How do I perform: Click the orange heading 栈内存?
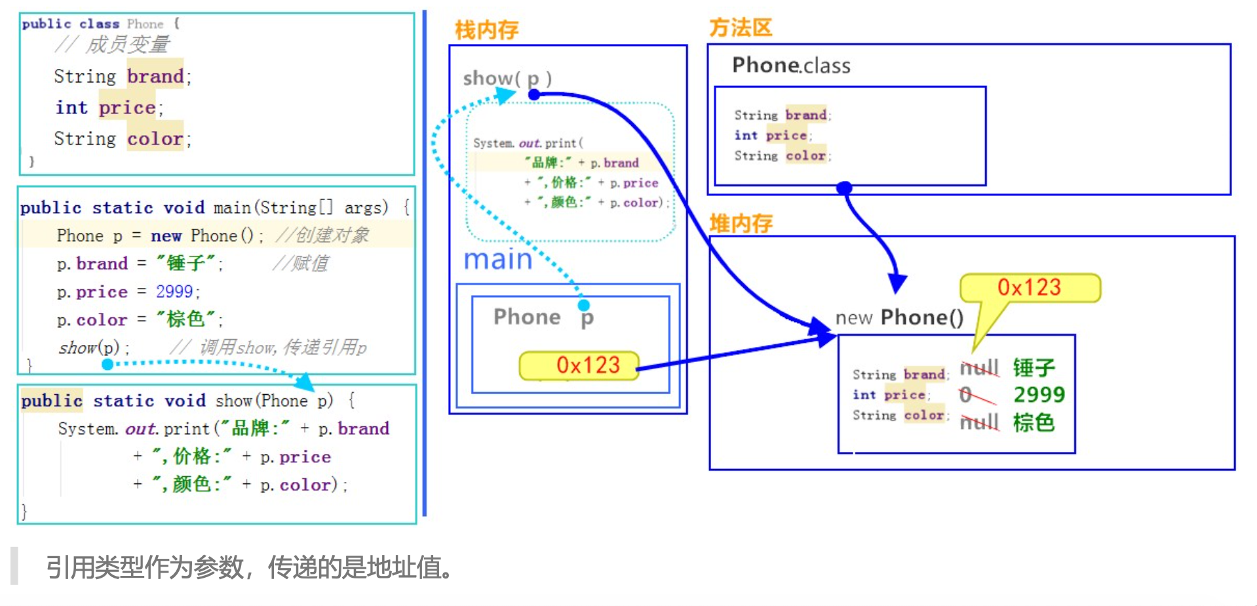click(x=486, y=30)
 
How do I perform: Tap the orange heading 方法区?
click(x=741, y=28)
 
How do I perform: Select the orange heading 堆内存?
click(x=741, y=224)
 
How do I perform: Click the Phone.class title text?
click(x=791, y=65)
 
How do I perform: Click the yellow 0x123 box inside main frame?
click(x=579, y=365)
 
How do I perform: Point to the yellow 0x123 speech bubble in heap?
click(x=1029, y=288)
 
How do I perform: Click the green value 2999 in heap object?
click(x=1039, y=395)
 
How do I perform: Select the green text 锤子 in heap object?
click(x=1034, y=367)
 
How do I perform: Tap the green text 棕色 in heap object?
click(x=1034, y=422)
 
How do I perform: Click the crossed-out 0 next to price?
click(x=965, y=395)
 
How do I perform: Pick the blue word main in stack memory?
click(x=498, y=260)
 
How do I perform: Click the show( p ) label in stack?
click(x=507, y=79)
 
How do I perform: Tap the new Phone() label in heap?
click(x=899, y=318)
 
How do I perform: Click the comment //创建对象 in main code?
click(x=323, y=235)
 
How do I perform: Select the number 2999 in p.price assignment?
click(x=174, y=291)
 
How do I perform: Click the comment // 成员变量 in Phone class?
click(x=113, y=45)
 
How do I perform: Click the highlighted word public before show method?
click(x=52, y=400)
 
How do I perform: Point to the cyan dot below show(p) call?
click(x=107, y=364)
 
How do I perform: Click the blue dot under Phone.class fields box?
click(x=845, y=188)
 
